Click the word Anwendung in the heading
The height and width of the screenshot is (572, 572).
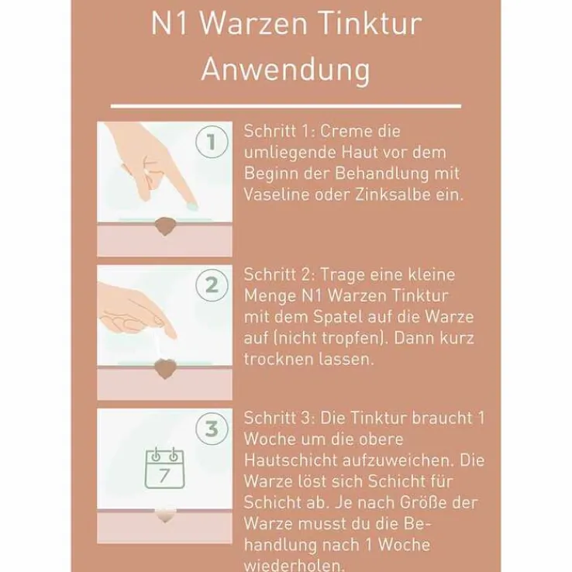285,69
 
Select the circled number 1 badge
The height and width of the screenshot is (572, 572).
211,143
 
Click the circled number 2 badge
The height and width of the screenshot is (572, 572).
211,285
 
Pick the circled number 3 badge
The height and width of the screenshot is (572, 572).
211,429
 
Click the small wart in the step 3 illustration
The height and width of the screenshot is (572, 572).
164,513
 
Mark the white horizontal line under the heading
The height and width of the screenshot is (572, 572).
285,105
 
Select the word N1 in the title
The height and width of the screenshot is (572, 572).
168,23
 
